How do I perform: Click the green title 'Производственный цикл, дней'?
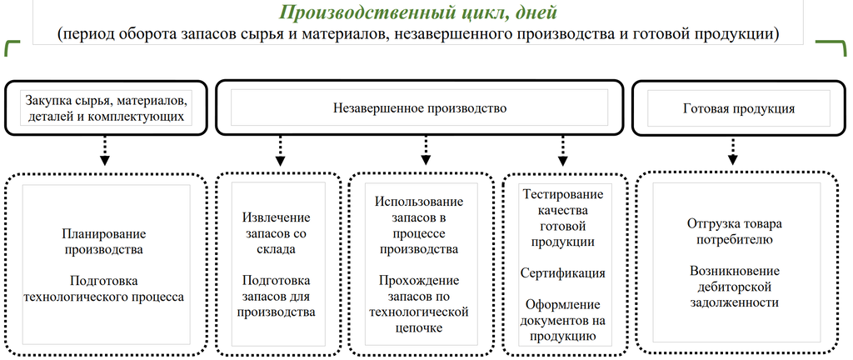tap(417, 12)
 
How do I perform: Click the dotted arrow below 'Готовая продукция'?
tap(733, 151)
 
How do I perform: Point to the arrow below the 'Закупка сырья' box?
tap(105, 151)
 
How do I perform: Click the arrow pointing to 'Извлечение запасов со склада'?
tap(280, 151)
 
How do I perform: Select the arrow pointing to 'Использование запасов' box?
tap(426, 151)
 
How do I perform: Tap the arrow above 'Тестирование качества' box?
tap(562, 151)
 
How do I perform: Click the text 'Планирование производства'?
tap(104, 242)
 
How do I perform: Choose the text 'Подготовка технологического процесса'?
tap(104, 289)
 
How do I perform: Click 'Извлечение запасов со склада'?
tap(277, 233)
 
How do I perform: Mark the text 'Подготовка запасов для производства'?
tap(277, 297)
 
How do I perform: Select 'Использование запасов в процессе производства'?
tap(419, 226)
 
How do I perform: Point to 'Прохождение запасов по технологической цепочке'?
tap(419, 304)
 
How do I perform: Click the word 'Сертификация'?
tap(563, 273)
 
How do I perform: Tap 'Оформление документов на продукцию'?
tap(563, 320)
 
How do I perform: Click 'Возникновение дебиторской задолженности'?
tap(735, 287)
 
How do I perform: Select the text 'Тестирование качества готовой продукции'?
tap(563, 218)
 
